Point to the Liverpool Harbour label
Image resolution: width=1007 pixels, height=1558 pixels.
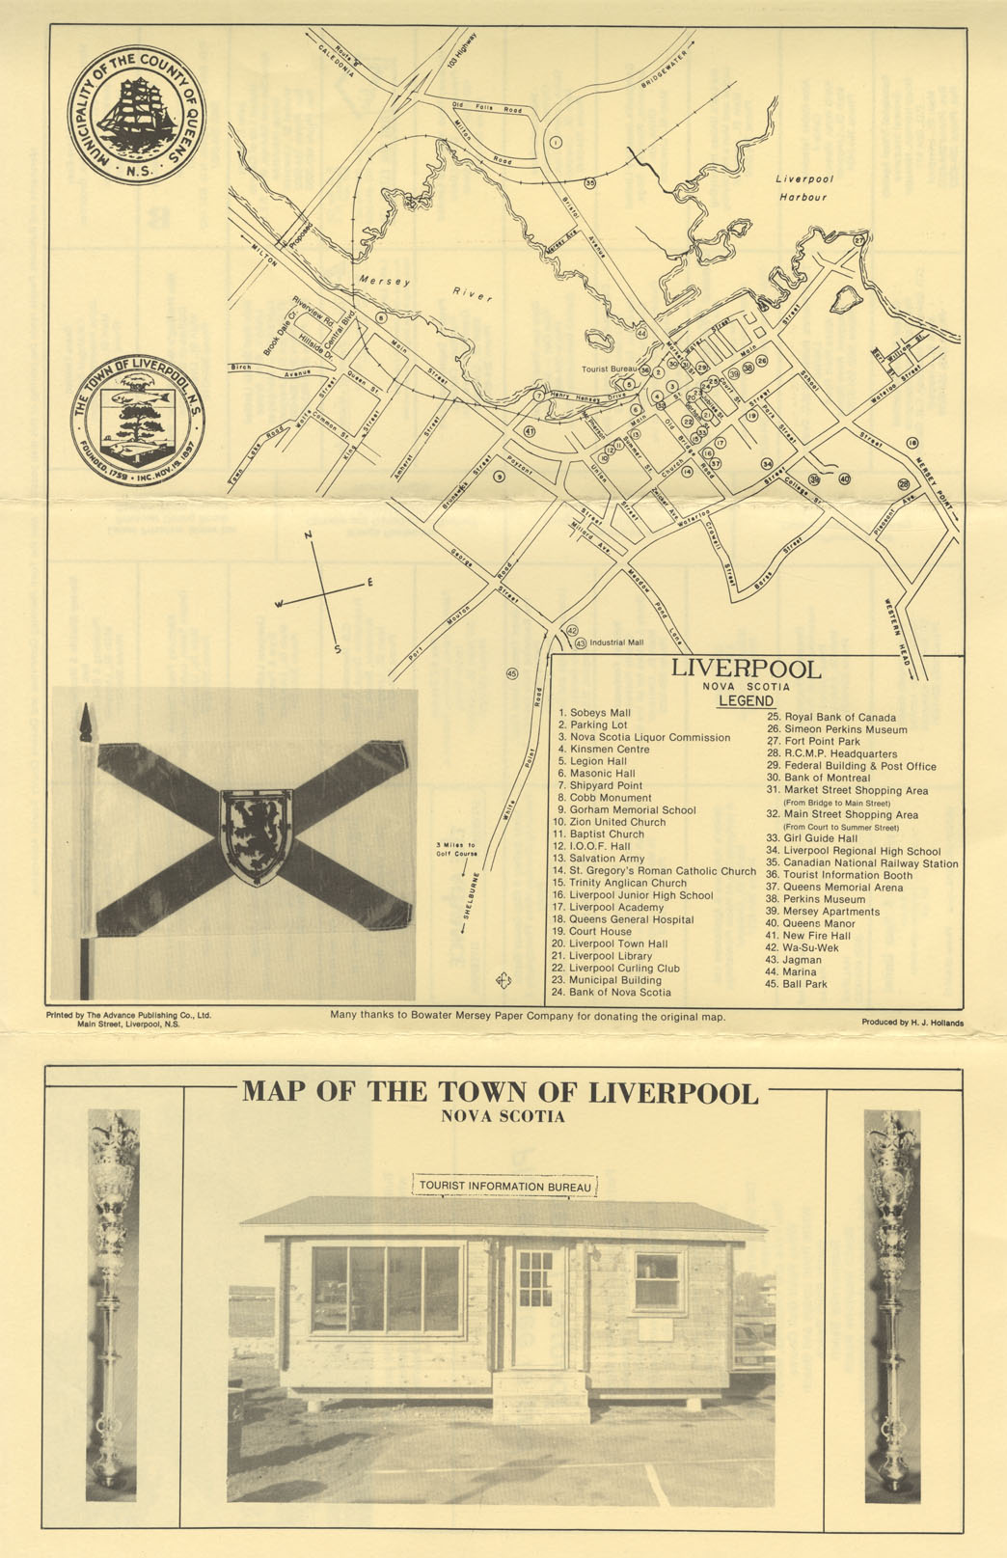[803, 188]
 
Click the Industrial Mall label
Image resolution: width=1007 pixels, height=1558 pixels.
[615, 642]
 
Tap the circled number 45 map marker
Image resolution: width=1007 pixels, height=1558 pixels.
[511, 673]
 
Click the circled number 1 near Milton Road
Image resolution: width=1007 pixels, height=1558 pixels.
[556, 142]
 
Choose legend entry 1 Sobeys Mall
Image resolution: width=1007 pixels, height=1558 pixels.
[594, 713]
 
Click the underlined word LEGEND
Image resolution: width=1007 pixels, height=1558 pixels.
[746, 701]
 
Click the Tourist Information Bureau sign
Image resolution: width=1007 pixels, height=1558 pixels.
[504, 1186]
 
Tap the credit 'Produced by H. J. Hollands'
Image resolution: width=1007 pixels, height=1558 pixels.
[912, 1023]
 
